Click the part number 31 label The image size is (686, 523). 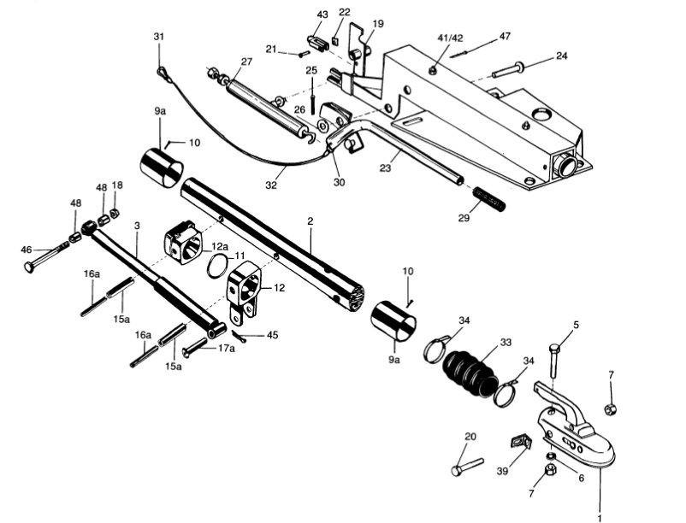[x=158, y=36]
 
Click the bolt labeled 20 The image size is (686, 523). [x=465, y=468]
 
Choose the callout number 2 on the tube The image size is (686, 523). [x=310, y=221]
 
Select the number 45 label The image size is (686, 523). [x=272, y=335]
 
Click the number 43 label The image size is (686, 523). [x=322, y=15]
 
